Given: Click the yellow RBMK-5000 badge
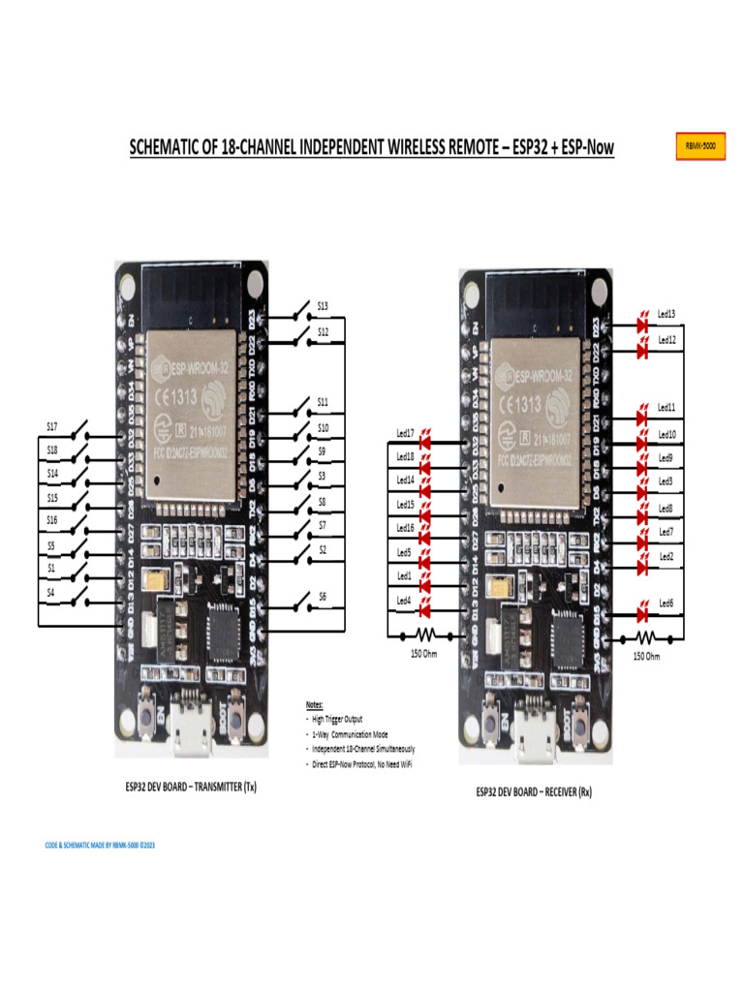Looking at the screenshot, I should [699, 146].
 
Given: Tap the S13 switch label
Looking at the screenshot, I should [323, 306].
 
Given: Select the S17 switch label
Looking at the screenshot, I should [52, 426].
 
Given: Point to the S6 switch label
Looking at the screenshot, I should [323, 597].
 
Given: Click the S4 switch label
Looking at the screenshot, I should [51, 591].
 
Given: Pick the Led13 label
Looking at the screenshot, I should [666, 315].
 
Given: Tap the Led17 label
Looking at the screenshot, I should [405, 433].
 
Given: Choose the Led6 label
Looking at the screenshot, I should [666, 604].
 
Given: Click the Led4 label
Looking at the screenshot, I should [404, 601].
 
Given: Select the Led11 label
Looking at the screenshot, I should [666, 408].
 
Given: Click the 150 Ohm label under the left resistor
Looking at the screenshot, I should [421, 654].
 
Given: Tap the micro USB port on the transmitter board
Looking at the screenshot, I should [189, 737].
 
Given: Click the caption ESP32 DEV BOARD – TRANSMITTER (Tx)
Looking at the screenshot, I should [190, 786].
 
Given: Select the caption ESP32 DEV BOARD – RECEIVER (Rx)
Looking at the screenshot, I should [534, 791].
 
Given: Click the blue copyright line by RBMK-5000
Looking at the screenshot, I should [101, 845].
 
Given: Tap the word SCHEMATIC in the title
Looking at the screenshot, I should [171, 147].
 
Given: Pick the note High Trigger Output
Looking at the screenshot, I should [335, 720].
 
